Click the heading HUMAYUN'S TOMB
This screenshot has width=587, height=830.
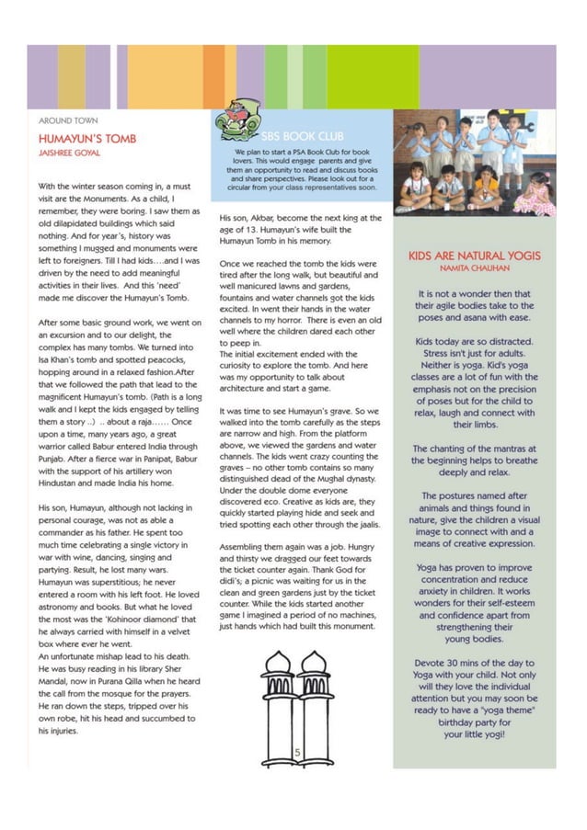[86, 138]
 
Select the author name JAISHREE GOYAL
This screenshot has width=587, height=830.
[69, 153]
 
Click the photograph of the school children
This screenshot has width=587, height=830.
[474, 162]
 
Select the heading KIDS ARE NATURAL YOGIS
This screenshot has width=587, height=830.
[474, 256]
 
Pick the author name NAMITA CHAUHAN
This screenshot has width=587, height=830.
[474, 269]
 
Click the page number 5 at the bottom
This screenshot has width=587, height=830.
[297, 753]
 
